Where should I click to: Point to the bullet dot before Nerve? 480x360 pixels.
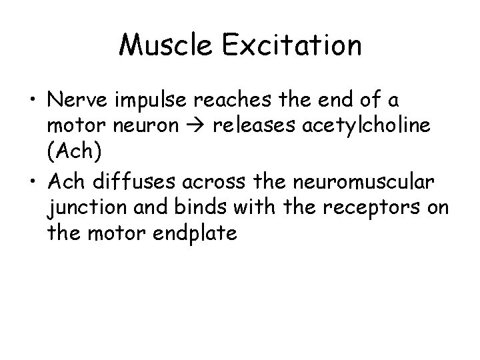coord(32,101)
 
